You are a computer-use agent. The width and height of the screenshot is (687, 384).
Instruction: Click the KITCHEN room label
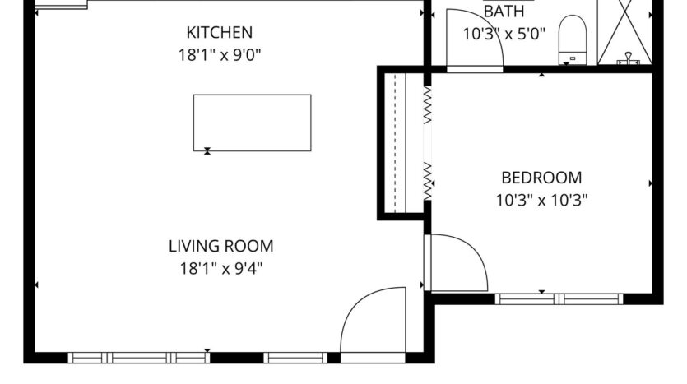point(219,33)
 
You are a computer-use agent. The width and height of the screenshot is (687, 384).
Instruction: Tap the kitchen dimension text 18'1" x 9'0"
point(219,55)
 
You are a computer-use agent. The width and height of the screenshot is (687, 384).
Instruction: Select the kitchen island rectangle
point(252,123)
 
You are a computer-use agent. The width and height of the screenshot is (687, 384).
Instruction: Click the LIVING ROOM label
point(220,246)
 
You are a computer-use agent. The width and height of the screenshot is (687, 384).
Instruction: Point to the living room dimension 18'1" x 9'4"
point(220,267)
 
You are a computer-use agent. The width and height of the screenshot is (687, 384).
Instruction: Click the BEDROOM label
point(541,178)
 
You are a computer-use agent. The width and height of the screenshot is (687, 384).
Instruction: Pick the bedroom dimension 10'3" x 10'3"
point(541,199)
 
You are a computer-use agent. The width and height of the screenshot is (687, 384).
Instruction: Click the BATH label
point(504,12)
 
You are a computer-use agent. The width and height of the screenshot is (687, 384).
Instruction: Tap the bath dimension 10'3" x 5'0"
point(504,34)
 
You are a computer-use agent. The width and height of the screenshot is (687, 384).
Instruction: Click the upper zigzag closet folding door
point(428,105)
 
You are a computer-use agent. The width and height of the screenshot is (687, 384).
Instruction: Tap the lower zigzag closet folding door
point(428,181)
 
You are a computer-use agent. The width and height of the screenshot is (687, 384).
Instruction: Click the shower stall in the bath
point(629,33)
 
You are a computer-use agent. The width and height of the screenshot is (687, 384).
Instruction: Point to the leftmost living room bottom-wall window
point(137,357)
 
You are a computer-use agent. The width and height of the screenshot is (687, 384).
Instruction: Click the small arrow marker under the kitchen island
point(207,150)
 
